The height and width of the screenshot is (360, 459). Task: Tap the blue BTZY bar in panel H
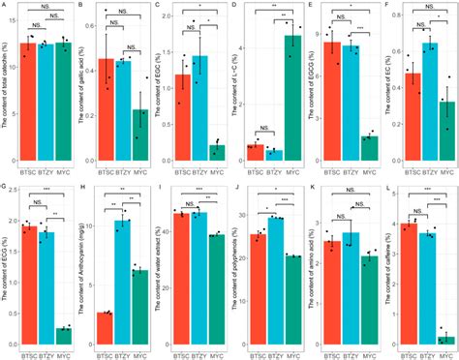pyautogui.click(x=122, y=281)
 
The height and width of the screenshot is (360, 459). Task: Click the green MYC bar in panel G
pyautogui.click(x=64, y=335)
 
